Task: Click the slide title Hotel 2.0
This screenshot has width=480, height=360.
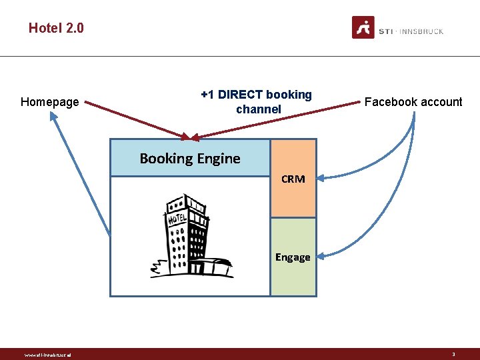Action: coord(56,28)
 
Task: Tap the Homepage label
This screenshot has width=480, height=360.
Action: coord(49,102)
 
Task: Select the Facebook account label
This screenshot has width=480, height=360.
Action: coord(413,102)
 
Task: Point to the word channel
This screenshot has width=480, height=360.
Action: coord(259,109)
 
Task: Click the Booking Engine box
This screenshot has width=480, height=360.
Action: coord(190,158)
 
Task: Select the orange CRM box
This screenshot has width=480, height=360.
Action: coord(293,179)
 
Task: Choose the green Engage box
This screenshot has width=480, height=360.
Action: coord(293,257)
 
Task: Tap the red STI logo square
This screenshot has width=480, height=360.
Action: coord(363,28)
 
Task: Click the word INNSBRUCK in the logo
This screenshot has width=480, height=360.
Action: coord(422,31)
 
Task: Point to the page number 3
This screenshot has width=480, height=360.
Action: coord(453,354)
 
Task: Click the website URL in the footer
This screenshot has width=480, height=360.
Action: coord(47,355)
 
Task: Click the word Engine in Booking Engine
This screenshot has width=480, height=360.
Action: coord(218,159)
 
